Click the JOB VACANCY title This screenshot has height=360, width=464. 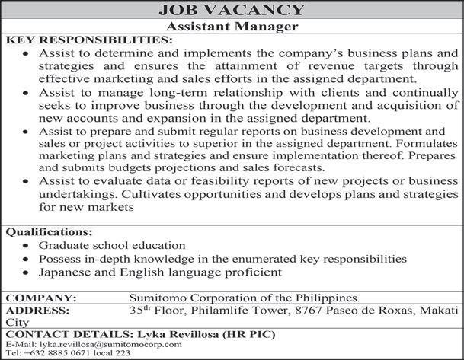231,10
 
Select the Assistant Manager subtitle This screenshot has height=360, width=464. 231,26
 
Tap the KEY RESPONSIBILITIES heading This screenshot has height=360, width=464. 89,40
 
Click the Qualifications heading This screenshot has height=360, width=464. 50,231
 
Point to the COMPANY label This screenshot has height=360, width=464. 41,298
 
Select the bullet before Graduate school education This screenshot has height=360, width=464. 27,246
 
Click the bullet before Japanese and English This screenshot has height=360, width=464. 27,272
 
